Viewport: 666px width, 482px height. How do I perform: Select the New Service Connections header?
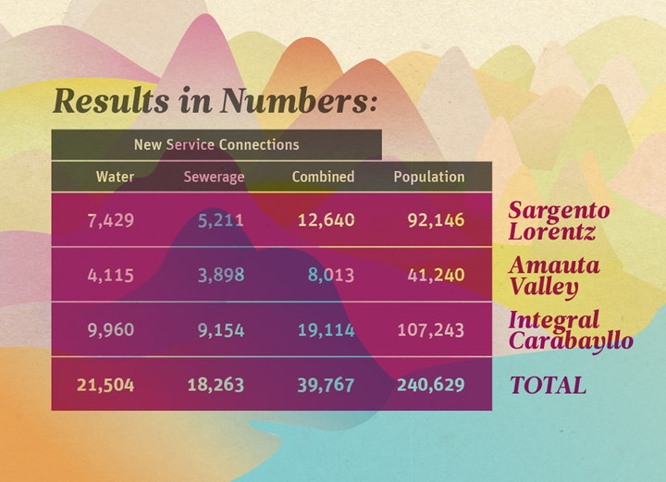(216, 144)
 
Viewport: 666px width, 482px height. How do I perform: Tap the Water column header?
(116, 177)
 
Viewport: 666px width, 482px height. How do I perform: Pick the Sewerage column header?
(214, 177)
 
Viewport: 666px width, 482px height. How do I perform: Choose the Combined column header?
(323, 177)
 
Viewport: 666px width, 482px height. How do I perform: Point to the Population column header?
(429, 177)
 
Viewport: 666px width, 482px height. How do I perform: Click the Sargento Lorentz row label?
(559, 220)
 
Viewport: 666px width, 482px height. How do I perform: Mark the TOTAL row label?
(548, 386)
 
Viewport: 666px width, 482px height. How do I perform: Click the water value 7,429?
(111, 220)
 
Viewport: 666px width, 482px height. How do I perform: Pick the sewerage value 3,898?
(221, 275)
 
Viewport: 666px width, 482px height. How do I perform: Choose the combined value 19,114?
(326, 330)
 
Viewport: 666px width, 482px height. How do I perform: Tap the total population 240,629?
(430, 385)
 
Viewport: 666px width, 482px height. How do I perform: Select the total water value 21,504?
(105, 385)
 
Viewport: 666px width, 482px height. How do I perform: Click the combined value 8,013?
(330, 275)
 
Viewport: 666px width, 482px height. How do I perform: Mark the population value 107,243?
(430, 330)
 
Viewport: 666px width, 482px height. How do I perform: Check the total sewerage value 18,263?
(216, 385)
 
